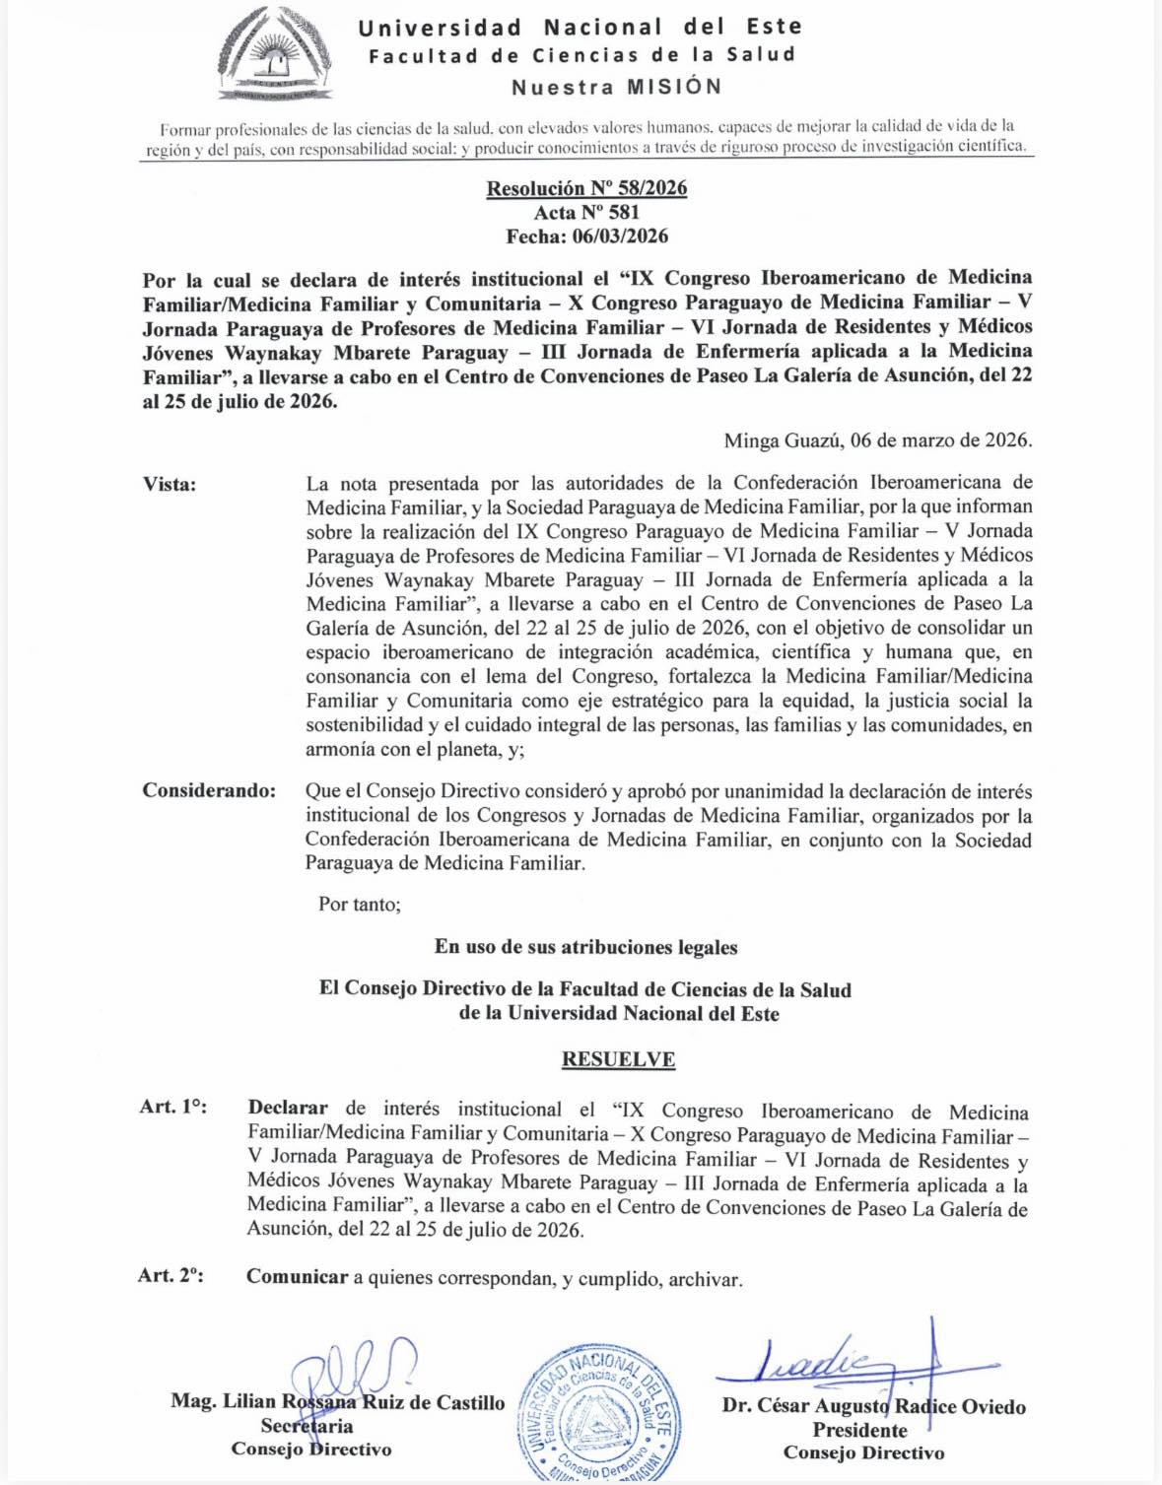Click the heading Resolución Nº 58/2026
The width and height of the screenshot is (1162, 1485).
point(586,188)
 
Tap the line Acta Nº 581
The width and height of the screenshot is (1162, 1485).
point(586,212)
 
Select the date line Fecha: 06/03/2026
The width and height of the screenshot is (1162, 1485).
point(586,236)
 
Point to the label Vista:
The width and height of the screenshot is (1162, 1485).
point(170,484)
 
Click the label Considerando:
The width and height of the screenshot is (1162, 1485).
point(209,790)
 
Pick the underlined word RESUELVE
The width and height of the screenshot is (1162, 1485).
point(618,1059)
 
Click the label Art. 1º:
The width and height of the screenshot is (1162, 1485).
point(173,1107)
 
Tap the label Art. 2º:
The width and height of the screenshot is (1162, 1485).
point(171,1276)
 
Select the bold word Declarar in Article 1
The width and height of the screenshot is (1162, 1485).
point(288,1108)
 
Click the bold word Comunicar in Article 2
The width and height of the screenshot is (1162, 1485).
point(297,1277)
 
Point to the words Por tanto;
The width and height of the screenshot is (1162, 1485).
point(360,904)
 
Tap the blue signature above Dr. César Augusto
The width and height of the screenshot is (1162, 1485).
point(838,1364)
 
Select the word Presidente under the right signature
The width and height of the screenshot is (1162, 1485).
point(859,1430)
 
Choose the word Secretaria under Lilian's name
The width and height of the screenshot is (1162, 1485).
point(307,1426)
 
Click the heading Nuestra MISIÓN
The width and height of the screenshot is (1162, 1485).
point(617,87)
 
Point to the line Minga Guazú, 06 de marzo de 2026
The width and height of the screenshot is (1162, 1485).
point(878,440)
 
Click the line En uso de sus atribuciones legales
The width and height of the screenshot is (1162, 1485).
point(585,947)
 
